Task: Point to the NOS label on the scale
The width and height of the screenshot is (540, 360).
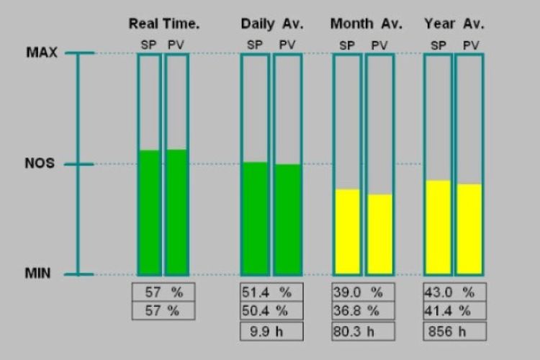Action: (x=39, y=163)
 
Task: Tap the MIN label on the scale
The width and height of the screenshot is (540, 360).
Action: (x=38, y=274)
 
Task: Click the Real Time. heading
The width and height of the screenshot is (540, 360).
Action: (x=163, y=24)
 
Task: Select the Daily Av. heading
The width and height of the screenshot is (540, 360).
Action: (x=272, y=24)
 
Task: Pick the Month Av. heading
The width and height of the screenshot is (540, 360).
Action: (x=363, y=24)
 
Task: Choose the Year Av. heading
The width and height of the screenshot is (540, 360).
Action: (x=454, y=24)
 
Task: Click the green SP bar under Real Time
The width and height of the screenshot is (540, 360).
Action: (x=150, y=212)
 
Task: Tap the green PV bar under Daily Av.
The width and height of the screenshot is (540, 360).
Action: (x=287, y=220)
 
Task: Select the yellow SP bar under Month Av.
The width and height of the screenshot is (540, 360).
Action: (x=347, y=232)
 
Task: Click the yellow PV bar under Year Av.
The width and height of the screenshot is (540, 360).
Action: (x=469, y=229)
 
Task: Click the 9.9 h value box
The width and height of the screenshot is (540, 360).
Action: (x=271, y=331)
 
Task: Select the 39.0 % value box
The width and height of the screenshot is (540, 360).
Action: (x=363, y=292)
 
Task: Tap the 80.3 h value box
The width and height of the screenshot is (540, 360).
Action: (x=363, y=331)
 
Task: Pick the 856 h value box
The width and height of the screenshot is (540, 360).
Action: (x=454, y=331)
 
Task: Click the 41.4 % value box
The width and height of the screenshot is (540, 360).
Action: (x=454, y=311)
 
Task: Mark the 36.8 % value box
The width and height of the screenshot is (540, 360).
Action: (x=363, y=311)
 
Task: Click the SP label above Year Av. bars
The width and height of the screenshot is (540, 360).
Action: (x=438, y=45)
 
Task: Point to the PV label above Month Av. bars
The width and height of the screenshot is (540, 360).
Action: (x=379, y=45)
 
